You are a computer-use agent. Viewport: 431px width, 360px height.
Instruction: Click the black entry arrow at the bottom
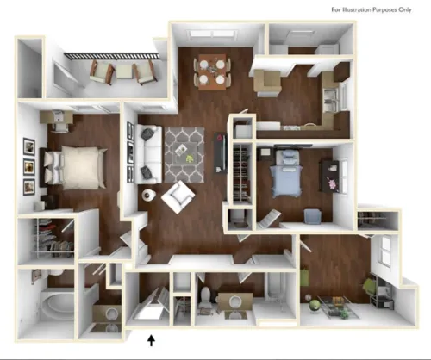[153, 341]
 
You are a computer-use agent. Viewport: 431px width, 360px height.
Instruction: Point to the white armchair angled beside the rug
[178, 197]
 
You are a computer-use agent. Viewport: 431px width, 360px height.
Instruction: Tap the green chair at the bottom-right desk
[369, 286]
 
